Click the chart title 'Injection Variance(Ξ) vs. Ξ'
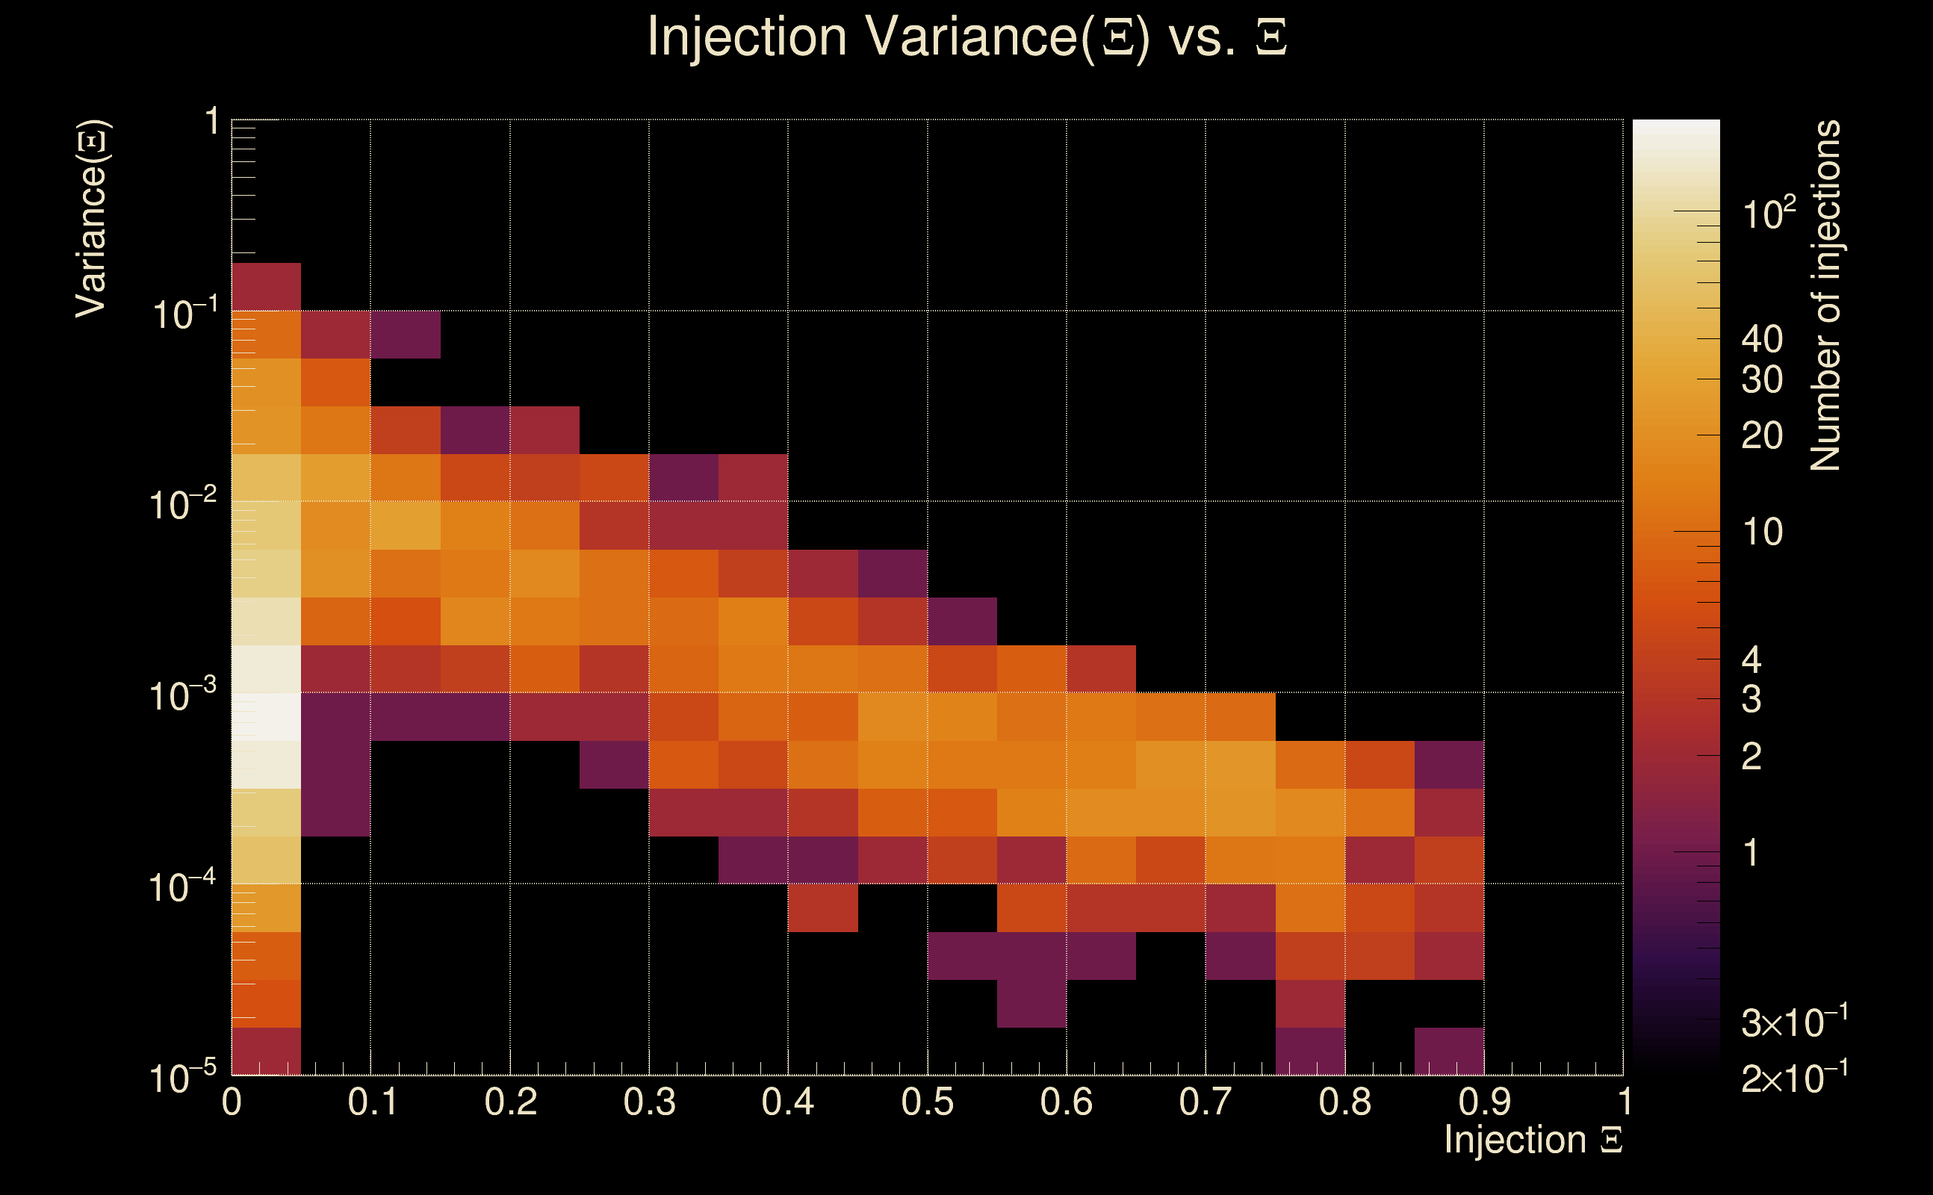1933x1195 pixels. (x=966, y=37)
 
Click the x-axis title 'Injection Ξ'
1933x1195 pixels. (x=1533, y=1140)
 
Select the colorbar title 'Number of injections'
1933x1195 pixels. (x=1825, y=296)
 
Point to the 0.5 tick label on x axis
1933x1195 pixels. (x=927, y=1102)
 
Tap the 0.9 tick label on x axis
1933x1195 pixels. (x=1483, y=1102)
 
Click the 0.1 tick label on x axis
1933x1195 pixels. (x=372, y=1102)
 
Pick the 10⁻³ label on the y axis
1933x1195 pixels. (x=182, y=695)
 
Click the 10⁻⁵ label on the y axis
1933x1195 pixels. (x=182, y=1077)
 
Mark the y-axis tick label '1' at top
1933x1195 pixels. (x=212, y=122)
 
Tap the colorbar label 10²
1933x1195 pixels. (x=1769, y=214)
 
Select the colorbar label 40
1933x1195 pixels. (x=1761, y=339)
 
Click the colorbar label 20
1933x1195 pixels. (x=1761, y=435)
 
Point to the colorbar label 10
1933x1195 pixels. (x=1761, y=532)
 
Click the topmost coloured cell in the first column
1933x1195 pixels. (x=267, y=286)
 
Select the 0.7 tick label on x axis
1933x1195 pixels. (x=1206, y=1102)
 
